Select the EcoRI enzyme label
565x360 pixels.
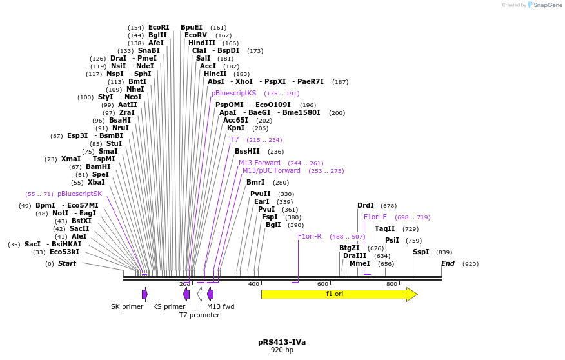159,28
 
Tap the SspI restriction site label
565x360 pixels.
421,252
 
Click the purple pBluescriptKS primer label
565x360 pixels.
233,93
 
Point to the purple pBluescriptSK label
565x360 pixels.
79,194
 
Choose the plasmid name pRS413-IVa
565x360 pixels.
282,342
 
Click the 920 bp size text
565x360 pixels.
282,350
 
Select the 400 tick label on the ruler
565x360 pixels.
253,284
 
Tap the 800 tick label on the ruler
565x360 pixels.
392,284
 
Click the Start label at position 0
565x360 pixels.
66,263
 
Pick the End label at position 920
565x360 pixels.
448,263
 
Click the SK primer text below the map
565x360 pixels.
127,306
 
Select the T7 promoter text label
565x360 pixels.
199,315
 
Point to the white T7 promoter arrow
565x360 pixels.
201,294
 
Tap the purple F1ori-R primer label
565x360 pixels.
310,236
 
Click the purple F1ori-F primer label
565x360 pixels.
375,217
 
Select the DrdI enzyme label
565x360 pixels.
366,206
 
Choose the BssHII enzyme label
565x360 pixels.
247,152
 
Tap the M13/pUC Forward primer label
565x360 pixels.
272,171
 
